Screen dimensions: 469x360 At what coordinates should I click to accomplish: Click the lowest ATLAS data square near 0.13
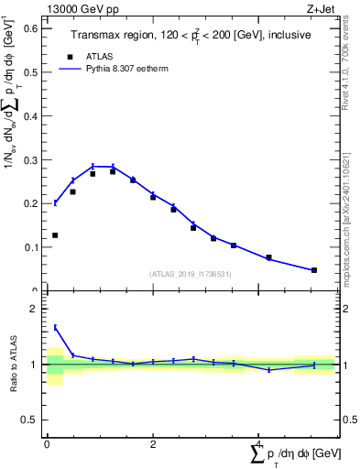pos(55,235)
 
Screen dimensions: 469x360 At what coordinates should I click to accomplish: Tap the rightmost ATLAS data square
pos(314,270)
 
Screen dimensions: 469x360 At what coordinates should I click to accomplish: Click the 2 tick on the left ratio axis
pos(38,310)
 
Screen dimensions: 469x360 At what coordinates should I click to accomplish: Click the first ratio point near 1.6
pos(55,327)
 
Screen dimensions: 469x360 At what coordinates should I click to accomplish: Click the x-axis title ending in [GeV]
pos(294,454)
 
